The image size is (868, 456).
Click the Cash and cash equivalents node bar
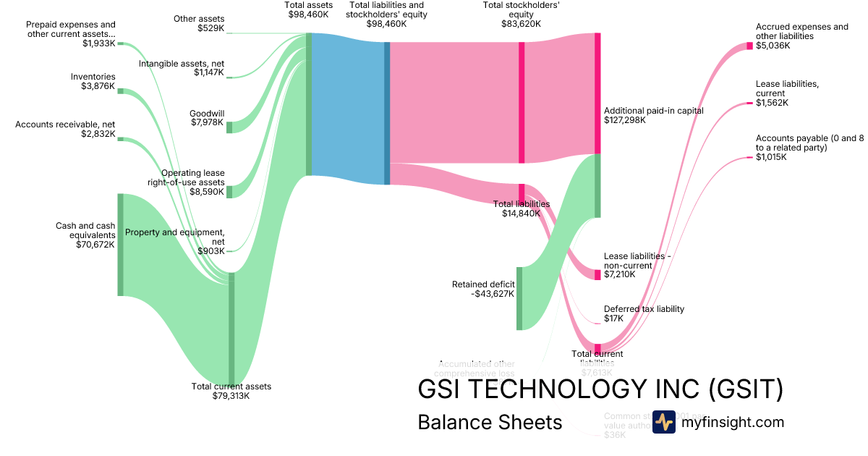[121, 245]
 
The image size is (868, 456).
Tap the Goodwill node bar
[229, 127]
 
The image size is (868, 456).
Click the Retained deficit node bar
[519, 298]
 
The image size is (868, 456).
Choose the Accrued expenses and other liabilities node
[750, 46]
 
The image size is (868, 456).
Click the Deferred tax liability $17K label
[644, 313]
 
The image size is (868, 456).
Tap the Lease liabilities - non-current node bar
[597, 275]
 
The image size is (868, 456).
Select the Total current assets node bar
[231, 329]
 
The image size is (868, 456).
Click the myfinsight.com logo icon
[663, 422]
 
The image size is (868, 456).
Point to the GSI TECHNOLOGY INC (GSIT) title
[600, 389]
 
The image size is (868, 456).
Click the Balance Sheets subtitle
[490, 423]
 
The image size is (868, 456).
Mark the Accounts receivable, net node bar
[121, 139]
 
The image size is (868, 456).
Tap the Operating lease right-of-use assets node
[229, 192]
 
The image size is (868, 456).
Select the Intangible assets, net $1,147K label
[182, 67]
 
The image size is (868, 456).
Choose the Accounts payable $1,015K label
[809, 147]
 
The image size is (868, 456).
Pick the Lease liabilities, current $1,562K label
[787, 93]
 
